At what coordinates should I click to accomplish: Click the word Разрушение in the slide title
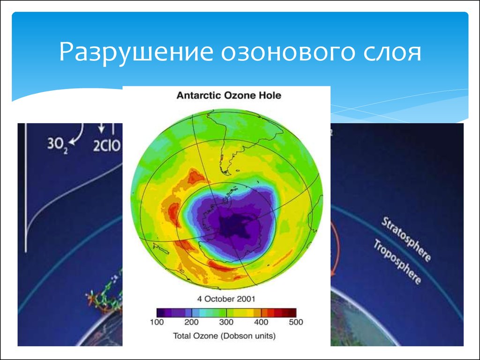tap(136, 52)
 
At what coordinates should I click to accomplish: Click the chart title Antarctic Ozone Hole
tap(229, 96)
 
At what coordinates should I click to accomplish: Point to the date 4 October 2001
tap(226, 299)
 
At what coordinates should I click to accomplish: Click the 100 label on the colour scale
tap(157, 322)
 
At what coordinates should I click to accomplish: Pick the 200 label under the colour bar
tap(192, 322)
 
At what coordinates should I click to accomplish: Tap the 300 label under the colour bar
tap(226, 322)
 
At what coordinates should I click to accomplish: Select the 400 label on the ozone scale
tap(261, 322)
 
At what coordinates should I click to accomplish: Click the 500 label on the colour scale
tap(296, 322)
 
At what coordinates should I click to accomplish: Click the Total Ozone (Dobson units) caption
tap(225, 336)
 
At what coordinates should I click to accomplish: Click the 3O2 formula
tap(57, 144)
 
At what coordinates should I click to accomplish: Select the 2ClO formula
tap(107, 146)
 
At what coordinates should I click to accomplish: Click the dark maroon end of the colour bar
tap(292, 313)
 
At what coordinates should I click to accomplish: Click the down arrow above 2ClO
tap(101, 128)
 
